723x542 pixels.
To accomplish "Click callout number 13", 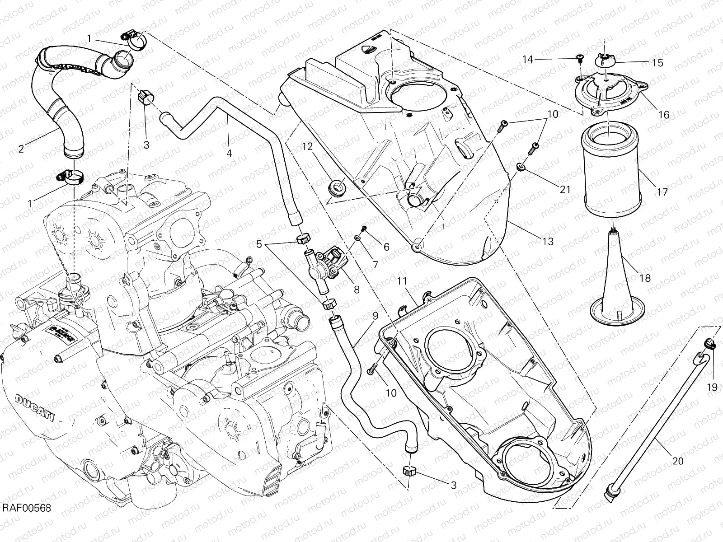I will (548, 242).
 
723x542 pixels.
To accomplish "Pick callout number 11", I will (403, 282).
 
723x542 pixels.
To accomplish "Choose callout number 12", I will (307, 147).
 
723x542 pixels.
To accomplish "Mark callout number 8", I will (357, 290).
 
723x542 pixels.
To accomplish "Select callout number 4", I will (229, 153).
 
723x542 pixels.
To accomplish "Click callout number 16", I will (663, 115).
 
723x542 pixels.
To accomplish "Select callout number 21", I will (565, 190).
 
